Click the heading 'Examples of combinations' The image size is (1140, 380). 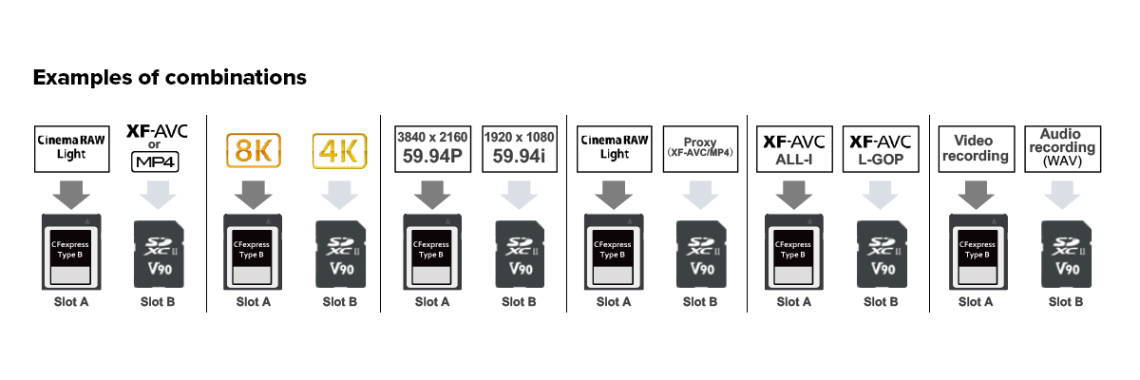tap(169, 78)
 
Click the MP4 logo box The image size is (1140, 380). tap(154, 161)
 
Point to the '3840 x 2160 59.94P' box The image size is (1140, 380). tap(432, 148)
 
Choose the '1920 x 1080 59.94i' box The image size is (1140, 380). tap(519, 148)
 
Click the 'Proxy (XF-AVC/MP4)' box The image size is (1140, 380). tap(699, 148)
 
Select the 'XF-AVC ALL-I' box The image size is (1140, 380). tap(794, 148)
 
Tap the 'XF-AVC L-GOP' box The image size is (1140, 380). tap(880, 148)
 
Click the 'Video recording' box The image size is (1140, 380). tap(975, 148)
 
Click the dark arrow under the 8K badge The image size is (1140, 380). tap(252, 194)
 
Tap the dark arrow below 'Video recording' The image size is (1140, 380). tap(975, 194)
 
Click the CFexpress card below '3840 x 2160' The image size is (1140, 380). tap(432, 252)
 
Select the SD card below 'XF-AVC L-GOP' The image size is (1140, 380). tap(880, 255)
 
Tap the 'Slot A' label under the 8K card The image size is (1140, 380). tap(253, 302)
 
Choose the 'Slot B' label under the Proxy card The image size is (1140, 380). tap(699, 302)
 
